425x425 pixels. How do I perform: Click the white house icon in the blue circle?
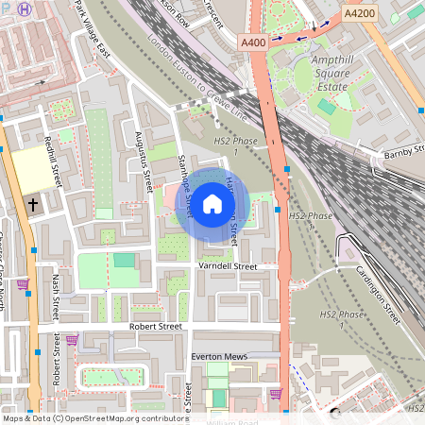coord(212,203)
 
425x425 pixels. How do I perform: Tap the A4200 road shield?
coord(359,14)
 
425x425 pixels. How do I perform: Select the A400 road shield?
coord(253,43)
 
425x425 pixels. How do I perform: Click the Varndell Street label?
coord(226,267)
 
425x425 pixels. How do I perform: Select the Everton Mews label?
coord(219,356)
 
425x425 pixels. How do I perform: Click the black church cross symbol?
coord(33,203)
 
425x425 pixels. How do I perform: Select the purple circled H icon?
coord(24,8)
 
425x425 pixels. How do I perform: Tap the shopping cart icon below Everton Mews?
coord(275,394)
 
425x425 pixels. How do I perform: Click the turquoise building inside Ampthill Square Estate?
coord(326,107)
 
